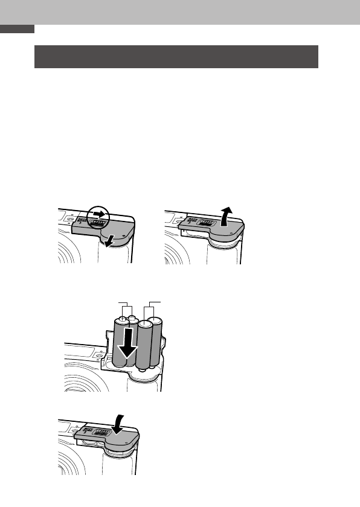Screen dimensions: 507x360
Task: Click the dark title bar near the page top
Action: (x=176, y=56)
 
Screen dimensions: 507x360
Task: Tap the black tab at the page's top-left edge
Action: (x=18, y=29)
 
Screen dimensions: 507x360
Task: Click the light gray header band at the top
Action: (x=180, y=12)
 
